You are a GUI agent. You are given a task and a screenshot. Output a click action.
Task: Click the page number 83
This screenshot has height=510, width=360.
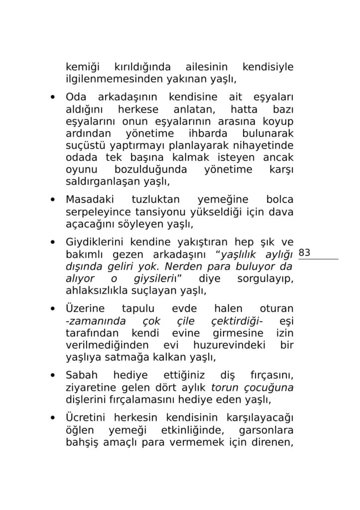tap(305, 253)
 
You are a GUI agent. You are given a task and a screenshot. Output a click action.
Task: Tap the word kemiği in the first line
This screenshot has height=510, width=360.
tap(83, 67)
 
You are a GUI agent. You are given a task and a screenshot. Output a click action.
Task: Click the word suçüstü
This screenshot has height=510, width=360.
tap(86, 146)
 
